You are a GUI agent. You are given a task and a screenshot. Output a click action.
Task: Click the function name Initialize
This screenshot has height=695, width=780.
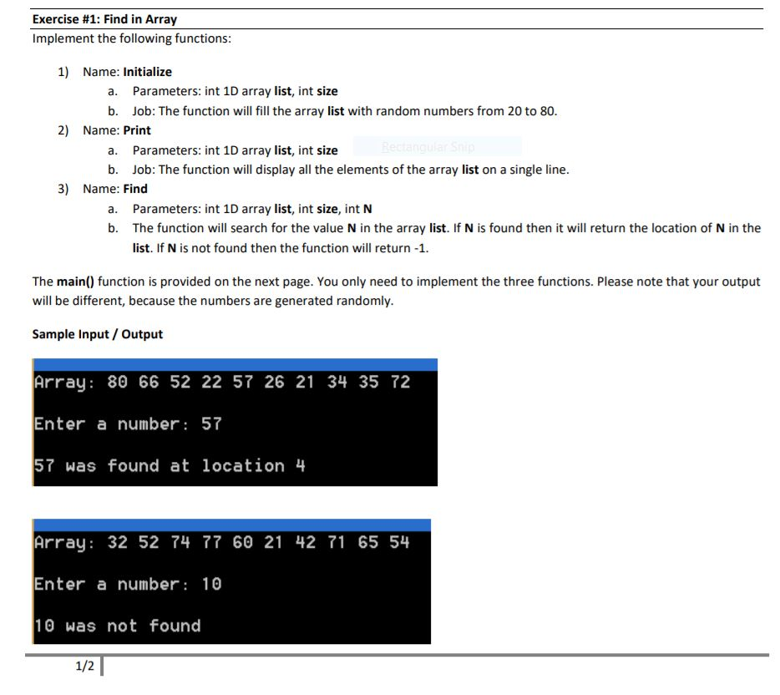pyautogui.click(x=147, y=72)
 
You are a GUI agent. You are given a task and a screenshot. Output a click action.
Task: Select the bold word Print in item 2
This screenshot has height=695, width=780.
pyautogui.click(x=137, y=130)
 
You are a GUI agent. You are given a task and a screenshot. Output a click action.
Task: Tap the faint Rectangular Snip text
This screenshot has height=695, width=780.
pyautogui.click(x=428, y=147)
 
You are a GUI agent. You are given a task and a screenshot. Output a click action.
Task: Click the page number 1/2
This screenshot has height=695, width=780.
pyautogui.click(x=84, y=666)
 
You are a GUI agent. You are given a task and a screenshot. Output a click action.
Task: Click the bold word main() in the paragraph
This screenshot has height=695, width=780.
pyautogui.click(x=75, y=282)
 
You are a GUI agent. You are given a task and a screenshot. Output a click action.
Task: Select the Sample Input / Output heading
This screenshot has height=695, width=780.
pyautogui.click(x=97, y=334)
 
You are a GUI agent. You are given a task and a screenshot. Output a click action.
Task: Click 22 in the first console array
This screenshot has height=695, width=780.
pyautogui.click(x=212, y=382)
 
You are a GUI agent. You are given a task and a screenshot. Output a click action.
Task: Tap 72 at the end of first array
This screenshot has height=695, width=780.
pyautogui.click(x=401, y=382)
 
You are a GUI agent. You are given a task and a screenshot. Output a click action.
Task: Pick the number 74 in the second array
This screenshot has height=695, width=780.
pyautogui.click(x=180, y=542)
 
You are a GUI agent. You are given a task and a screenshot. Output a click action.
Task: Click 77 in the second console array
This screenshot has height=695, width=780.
pyautogui.click(x=212, y=542)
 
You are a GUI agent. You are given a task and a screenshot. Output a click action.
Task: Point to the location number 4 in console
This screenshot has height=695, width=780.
pyautogui.click(x=301, y=465)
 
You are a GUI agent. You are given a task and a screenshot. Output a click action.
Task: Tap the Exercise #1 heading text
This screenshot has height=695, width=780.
pyautogui.click(x=104, y=18)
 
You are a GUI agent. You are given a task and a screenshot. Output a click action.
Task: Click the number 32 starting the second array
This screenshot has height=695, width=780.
pyautogui.click(x=118, y=542)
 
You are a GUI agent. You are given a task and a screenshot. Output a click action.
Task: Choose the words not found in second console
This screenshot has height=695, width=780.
pyautogui.click(x=154, y=626)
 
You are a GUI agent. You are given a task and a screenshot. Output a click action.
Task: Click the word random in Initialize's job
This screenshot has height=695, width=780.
pyautogui.click(x=372, y=111)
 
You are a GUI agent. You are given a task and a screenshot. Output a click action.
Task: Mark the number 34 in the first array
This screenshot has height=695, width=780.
pyautogui.click(x=337, y=382)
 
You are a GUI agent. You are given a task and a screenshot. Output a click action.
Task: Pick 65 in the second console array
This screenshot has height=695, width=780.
pyautogui.click(x=368, y=542)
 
